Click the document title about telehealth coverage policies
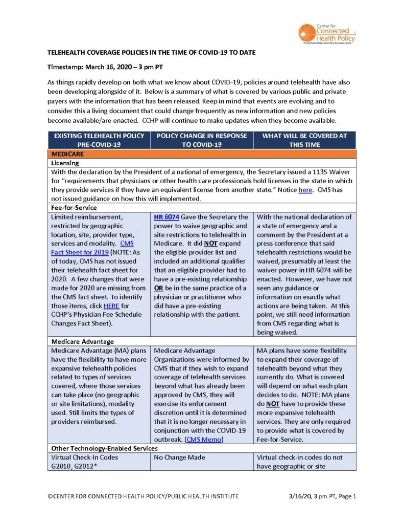(151, 53)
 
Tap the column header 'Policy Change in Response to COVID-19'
(202, 140)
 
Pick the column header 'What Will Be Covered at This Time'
(304, 140)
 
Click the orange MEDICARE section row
(201, 153)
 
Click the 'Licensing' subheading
(64, 163)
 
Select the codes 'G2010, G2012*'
(75, 466)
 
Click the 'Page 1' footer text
(345, 496)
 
